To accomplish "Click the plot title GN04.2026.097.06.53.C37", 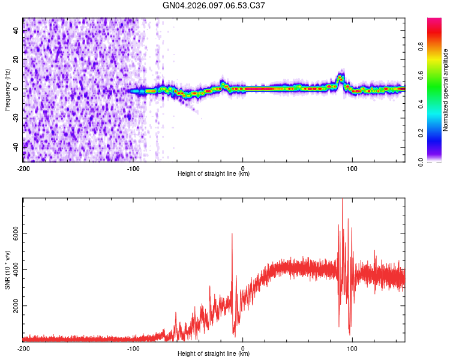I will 214,6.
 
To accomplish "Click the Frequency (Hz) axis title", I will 7,90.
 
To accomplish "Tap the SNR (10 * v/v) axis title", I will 7,270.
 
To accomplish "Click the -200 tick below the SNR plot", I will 23,349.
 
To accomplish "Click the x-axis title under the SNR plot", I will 214,354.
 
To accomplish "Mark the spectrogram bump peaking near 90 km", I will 340,77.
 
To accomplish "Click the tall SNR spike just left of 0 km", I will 232,235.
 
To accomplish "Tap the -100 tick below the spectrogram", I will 133,169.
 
